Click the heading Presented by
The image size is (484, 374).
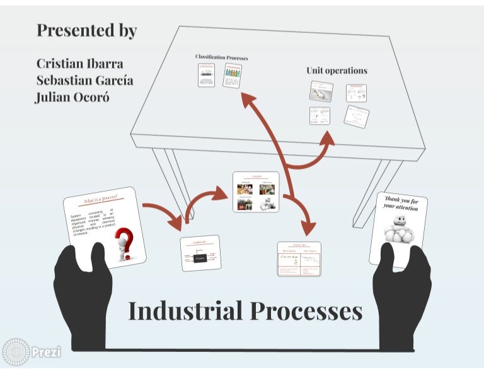click(x=86, y=30)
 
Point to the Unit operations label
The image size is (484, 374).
click(x=337, y=71)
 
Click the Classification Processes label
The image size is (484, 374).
click(x=221, y=57)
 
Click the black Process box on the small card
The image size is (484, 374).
click(x=201, y=258)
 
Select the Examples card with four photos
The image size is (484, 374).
click(x=255, y=191)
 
